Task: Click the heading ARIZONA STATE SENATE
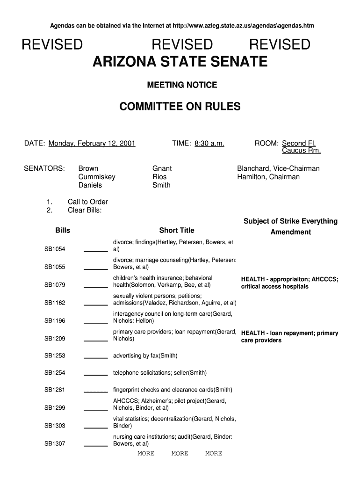[180, 62]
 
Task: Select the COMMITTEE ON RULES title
[180, 107]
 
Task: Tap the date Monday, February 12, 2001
[92, 143]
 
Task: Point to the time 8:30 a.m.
[208, 143]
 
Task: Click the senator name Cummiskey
[97, 177]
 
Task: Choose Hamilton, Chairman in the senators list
[268, 177]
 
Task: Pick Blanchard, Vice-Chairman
[278, 168]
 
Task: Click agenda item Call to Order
[88, 202]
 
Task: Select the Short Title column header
[177, 230]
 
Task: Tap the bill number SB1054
[55, 249]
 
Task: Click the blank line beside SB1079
[96, 286]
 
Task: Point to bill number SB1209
[55, 338]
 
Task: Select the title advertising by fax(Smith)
[145, 356]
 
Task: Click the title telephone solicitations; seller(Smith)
[160, 373]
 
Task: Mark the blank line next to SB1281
[96, 391]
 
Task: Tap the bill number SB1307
[55, 443]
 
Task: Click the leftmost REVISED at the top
[52, 45]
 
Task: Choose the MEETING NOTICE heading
[182, 85]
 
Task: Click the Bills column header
[63, 230]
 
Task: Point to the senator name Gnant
[162, 168]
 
